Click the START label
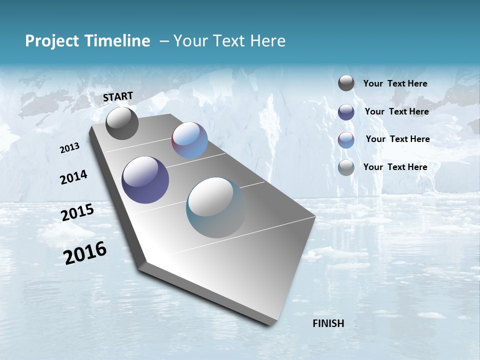[x=118, y=96]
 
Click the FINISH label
[x=328, y=323]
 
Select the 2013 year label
[x=69, y=148]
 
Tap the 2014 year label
[x=73, y=177]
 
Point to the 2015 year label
[x=77, y=212]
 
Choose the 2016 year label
[x=85, y=253]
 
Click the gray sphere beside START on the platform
[x=122, y=123]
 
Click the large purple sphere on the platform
[x=145, y=180]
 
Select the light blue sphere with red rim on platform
[x=189, y=140]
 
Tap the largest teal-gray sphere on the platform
[x=216, y=207]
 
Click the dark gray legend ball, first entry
[x=346, y=83]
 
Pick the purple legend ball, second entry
[x=346, y=111]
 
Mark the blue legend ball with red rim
[x=346, y=139]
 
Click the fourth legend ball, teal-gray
[x=346, y=167]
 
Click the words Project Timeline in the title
[x=87, y=41]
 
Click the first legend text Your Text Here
[x=395, y=83]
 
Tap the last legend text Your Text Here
[x=395, y=167]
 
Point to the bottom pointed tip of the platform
[x=270, y=324]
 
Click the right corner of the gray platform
[x=315, y=217]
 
